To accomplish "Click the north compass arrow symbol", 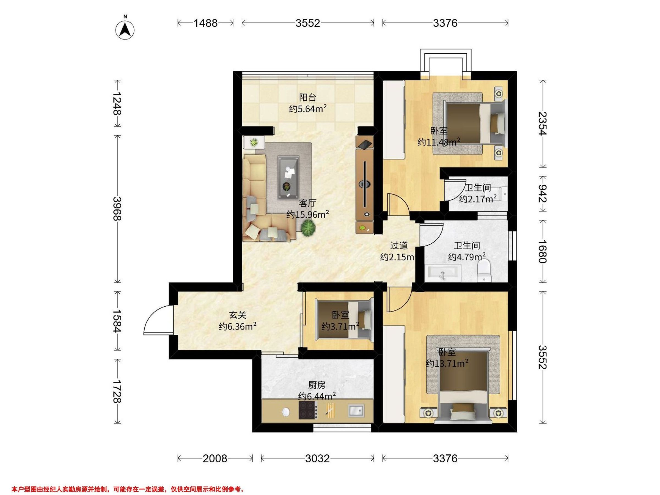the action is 125,30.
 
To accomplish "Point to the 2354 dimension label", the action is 543,123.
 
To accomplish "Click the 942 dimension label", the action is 543,193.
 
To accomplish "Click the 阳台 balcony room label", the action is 308,98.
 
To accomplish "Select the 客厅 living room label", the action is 308,203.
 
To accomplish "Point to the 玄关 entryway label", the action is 238,315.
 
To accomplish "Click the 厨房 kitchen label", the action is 317,385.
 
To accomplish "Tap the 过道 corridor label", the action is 399,246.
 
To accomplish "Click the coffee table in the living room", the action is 288,177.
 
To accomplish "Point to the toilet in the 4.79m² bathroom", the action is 484,270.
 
